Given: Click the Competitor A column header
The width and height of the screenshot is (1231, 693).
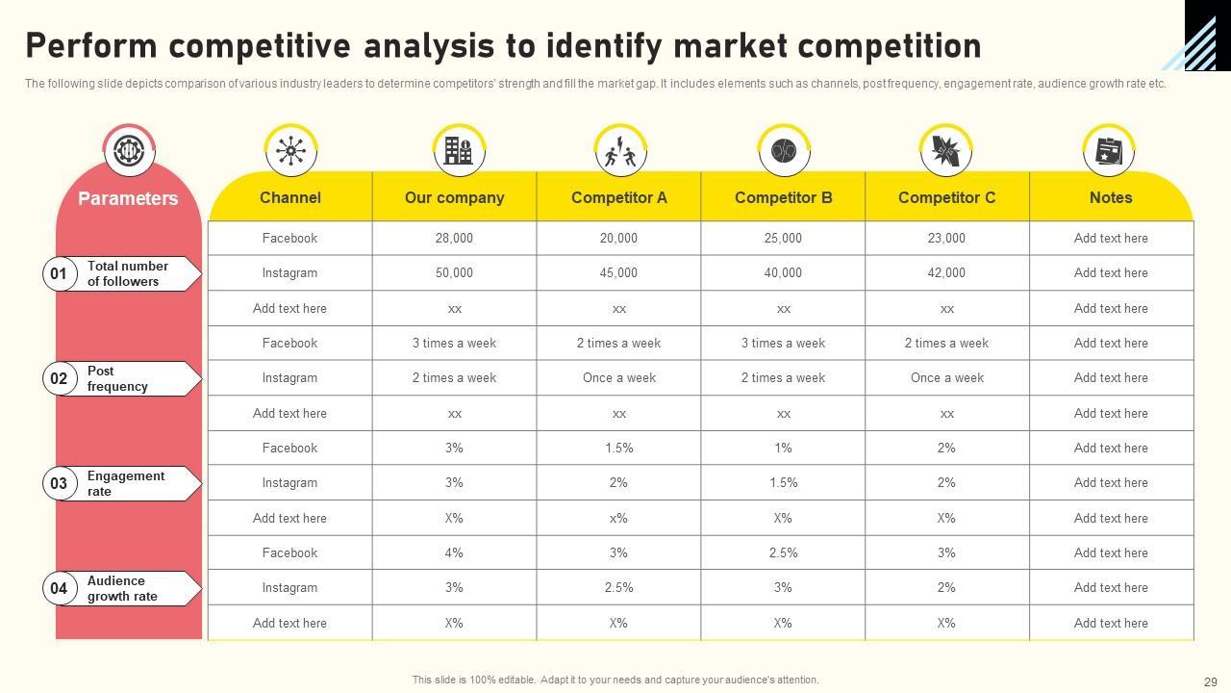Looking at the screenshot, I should [618, 197].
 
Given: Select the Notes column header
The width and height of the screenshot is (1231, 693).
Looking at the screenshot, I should [1111, 197].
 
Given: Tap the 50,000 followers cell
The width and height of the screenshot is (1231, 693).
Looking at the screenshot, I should [454, 273].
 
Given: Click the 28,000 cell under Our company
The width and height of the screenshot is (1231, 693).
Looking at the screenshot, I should [454, 238].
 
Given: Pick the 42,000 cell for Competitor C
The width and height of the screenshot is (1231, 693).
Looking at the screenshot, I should [946, 273].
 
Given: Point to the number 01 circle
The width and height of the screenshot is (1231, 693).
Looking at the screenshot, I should [59, 274].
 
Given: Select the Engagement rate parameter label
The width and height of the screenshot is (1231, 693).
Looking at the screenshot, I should [125, 483].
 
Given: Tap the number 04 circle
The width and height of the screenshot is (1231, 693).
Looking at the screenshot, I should [59, 588].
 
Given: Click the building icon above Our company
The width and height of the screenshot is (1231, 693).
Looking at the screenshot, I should [458, 151].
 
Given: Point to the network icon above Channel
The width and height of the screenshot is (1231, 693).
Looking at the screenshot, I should [290, 151].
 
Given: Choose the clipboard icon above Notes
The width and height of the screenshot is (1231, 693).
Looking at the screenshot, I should [1109, 151].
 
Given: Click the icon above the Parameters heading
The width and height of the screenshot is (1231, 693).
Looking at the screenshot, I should [129, 151].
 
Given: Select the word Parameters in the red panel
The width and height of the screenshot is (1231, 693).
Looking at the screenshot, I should [128, 198].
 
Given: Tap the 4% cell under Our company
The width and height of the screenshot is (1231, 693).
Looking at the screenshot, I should [454, 552].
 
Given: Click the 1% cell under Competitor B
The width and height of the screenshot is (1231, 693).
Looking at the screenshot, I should [783, 448].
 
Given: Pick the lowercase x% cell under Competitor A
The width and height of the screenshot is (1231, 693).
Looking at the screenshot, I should [618, 518].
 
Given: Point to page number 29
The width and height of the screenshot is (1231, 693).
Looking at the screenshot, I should [1210, 680].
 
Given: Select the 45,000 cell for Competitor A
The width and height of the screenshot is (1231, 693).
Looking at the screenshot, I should [618, 273].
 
